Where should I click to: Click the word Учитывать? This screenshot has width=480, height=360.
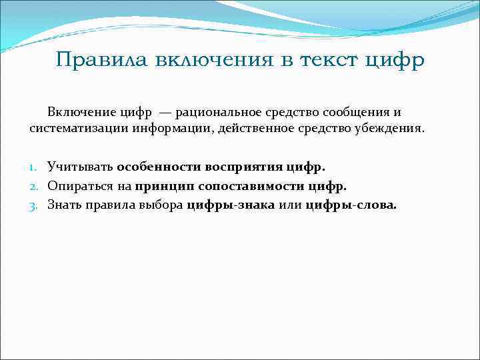pos(80,165)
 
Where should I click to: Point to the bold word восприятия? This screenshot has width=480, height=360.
pos(247,165)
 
